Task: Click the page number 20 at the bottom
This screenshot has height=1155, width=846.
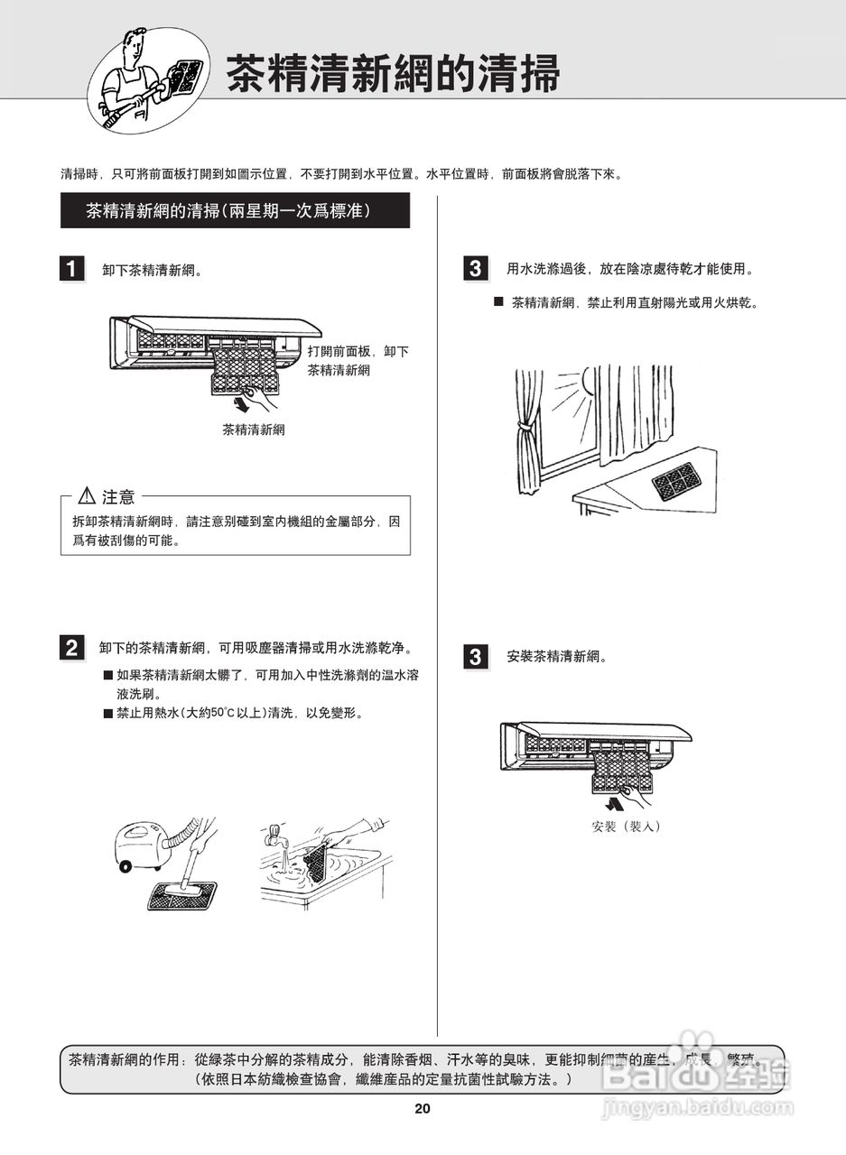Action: point(423,1109)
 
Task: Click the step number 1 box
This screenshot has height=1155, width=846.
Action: point(72,269)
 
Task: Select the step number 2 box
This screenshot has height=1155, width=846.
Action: point(72,647)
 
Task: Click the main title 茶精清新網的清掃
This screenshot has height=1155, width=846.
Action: point(392,73)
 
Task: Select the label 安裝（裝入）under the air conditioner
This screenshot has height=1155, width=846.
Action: point(626,826)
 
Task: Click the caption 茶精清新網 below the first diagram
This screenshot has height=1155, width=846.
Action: point(254,430)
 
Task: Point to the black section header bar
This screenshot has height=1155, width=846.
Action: point(235,211)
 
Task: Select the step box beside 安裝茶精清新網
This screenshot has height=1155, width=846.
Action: point(475,657)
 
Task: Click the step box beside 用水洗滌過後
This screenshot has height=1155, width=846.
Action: point(475,269)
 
